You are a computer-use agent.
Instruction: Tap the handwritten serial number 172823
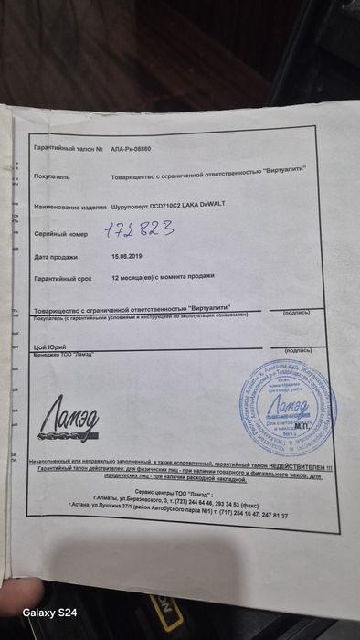(138, 231)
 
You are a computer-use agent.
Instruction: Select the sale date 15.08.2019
(127, 257)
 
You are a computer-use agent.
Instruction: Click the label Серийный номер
(61, 234)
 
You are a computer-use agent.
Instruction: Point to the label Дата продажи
(58, 257)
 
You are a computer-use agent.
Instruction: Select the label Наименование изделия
(70, 207)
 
